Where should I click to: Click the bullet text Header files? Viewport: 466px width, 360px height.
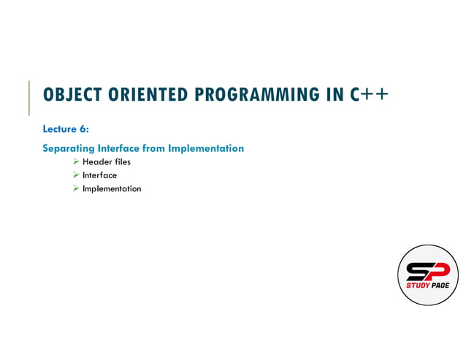107,162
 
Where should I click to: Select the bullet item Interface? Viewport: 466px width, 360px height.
99,175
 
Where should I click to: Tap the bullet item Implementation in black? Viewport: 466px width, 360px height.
112,189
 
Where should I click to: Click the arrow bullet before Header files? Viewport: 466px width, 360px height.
75,162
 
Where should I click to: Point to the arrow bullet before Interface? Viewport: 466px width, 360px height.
75,175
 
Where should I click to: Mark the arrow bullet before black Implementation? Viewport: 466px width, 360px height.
75,189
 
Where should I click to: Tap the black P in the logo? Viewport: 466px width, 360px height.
438,271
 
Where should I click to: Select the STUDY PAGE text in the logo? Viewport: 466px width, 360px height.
428,286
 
